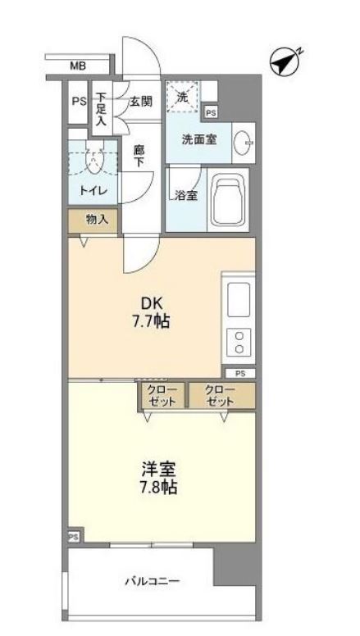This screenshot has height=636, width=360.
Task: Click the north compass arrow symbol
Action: pyautogui.click(x=285, y=61)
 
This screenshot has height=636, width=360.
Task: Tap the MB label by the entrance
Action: pyautogui.click(x=77, y=66)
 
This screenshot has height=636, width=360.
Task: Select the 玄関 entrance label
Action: pyautogui.click(x=140, y=102)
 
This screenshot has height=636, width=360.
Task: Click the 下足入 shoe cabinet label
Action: pyautogui.click(x=100, y=108)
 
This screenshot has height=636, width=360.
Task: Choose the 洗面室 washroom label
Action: pyautogui.click(x=199, y=139)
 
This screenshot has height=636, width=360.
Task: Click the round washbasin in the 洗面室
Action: pyautogui.click(x=244, y=144)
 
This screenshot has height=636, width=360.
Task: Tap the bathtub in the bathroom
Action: pyautogui.click(x=234, y=202)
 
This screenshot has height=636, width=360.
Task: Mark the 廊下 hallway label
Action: pyautogui.click(x=139, y=156)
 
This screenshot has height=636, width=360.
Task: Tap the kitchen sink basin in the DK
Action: pyautogui.click(x=239, y=300)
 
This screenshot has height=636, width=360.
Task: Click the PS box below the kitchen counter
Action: pyautogui.click(x=239, y=373)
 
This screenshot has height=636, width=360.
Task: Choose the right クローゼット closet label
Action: pyautogui.click(x=220, y=395)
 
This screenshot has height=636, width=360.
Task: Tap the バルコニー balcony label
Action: pyautogui.click(x=152, y=582)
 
